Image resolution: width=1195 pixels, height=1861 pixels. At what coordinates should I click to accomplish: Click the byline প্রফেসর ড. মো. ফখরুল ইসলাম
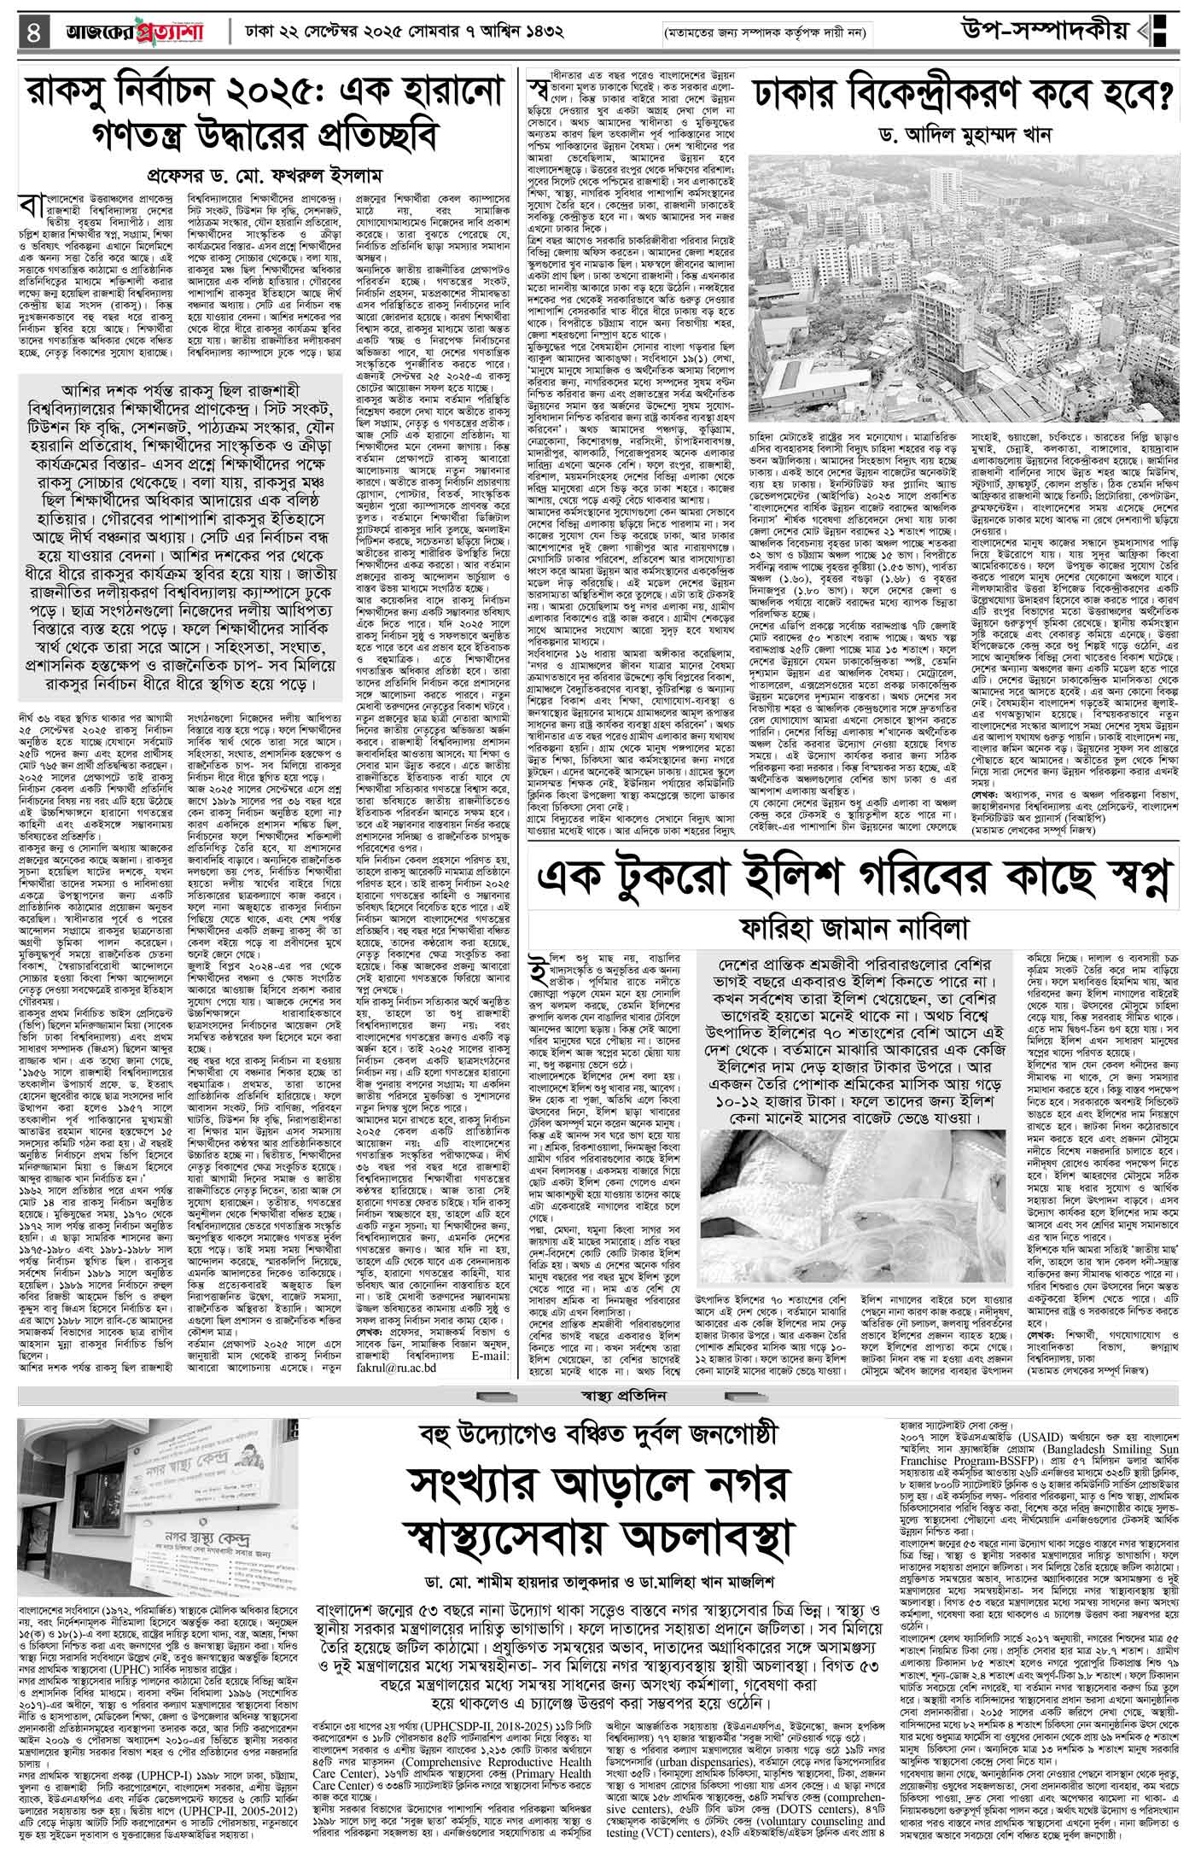point(268,175)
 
